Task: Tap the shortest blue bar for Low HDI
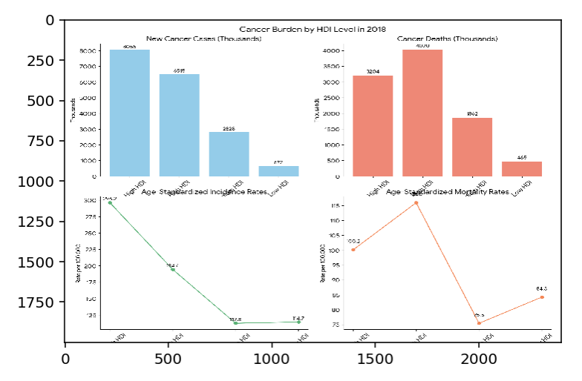point(278,171)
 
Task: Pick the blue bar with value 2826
point(229,154)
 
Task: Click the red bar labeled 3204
point(373,126)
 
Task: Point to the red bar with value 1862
point(472,147)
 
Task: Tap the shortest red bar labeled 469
point(522,169)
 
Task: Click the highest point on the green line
point(111,202)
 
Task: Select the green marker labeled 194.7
point(173,270)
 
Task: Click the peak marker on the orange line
point(416,202)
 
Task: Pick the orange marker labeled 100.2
point(353,250)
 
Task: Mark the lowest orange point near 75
point(479,323)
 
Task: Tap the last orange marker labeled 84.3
point(542,297)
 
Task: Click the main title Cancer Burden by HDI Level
point(313,30)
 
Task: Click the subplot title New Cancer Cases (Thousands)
point(203,38)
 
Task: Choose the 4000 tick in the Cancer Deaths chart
point(333,50)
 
